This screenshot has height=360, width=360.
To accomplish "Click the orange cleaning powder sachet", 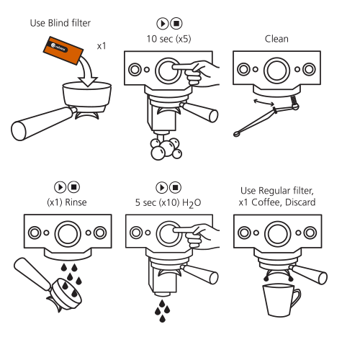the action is pyautogui.click(x=63, y=50).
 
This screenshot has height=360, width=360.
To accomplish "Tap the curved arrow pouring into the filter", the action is pyautogui.click(x=88, y=72).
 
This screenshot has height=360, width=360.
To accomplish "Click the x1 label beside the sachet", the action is pyautogui.click(x=102, y=46).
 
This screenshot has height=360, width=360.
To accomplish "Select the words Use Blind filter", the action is pyautogui.click(x=60, y=23).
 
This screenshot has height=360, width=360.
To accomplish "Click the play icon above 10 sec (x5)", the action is pyautogui.click(x=163, y=24).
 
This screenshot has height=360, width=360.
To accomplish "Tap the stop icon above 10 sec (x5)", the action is pyautogui.click(x=176, y=24).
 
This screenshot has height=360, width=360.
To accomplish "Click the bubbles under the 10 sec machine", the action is pyautogui.click(x=166, y=148).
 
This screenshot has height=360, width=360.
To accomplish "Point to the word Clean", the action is pyautogui.click(x=276, y=39).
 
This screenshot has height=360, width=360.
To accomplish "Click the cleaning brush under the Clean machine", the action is pyautogui.click(x=266, y=116).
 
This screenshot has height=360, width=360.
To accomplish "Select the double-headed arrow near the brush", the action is pyautogui.click(x=264, y=102).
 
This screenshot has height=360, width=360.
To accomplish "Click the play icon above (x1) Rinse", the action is pyautogui.click(x=60, y=187).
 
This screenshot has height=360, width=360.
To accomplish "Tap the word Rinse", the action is pyautogui.click(x=76, y=202).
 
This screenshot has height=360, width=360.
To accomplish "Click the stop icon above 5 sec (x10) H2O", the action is pyautogui.click(x=176, y=187).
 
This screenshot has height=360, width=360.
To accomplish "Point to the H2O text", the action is pyautogui.click(x=192, y=203).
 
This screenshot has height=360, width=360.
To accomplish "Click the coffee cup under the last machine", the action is pyautogui.click(x=282, y=300).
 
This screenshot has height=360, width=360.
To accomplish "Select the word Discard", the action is pyautogui.click(x=300, y=202).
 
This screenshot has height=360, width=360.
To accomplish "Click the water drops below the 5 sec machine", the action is pyautogui.click(x=162, y=311).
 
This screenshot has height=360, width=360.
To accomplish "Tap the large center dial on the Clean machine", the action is pyautogui.click(x=276, y=71).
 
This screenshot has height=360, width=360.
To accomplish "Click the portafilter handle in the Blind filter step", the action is pyautogui.click(x=43, y=124).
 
